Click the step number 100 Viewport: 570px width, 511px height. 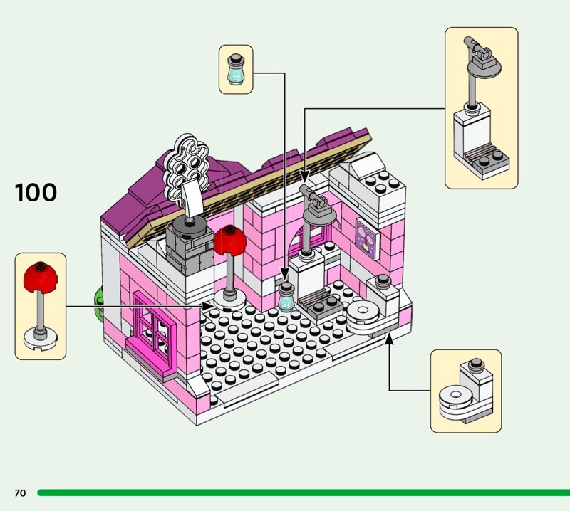pyautogui.click(x=36, y=192)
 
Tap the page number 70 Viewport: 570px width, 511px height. pyautogui.click(x=20, y=492)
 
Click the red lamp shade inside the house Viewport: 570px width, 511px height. pyautogui.click(x=229, y=241)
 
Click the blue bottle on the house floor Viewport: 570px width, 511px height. pyautogui.click(x=286, y=297)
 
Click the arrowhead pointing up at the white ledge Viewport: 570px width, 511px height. pyautogui.click(x=388, y=340)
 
